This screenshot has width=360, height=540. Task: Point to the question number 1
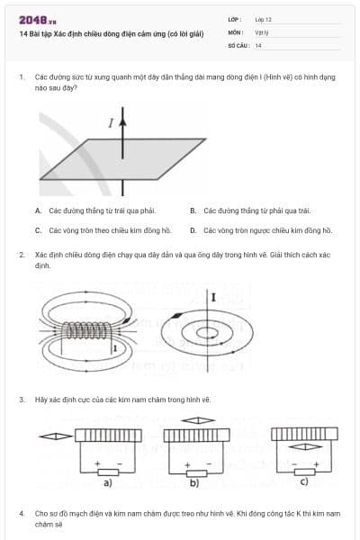click(21, 77)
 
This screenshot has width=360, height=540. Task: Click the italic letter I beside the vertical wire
click(111, 124)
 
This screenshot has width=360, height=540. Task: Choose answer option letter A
click(39, 211)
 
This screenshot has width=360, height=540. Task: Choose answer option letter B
click(193, 211)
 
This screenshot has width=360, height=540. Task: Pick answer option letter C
click(39, 230)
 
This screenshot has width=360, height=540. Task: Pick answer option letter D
click(193, 230)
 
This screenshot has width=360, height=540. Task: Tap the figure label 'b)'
click(193, 483)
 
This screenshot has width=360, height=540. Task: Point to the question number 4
click(21, 512)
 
